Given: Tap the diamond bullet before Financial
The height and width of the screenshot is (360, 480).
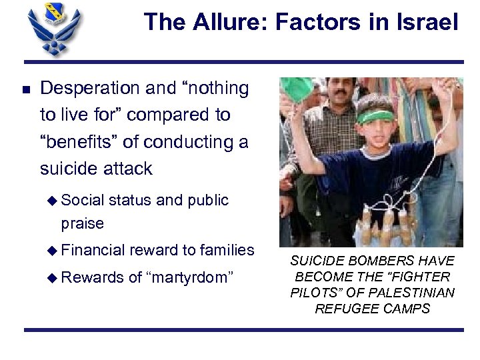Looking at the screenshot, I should coord(55,250).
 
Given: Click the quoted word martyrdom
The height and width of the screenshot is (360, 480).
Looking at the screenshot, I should coord(191,277).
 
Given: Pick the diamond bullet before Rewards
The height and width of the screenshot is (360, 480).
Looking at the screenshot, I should coord(55,277).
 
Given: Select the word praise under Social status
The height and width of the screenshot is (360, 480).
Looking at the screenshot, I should coord(82,223).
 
